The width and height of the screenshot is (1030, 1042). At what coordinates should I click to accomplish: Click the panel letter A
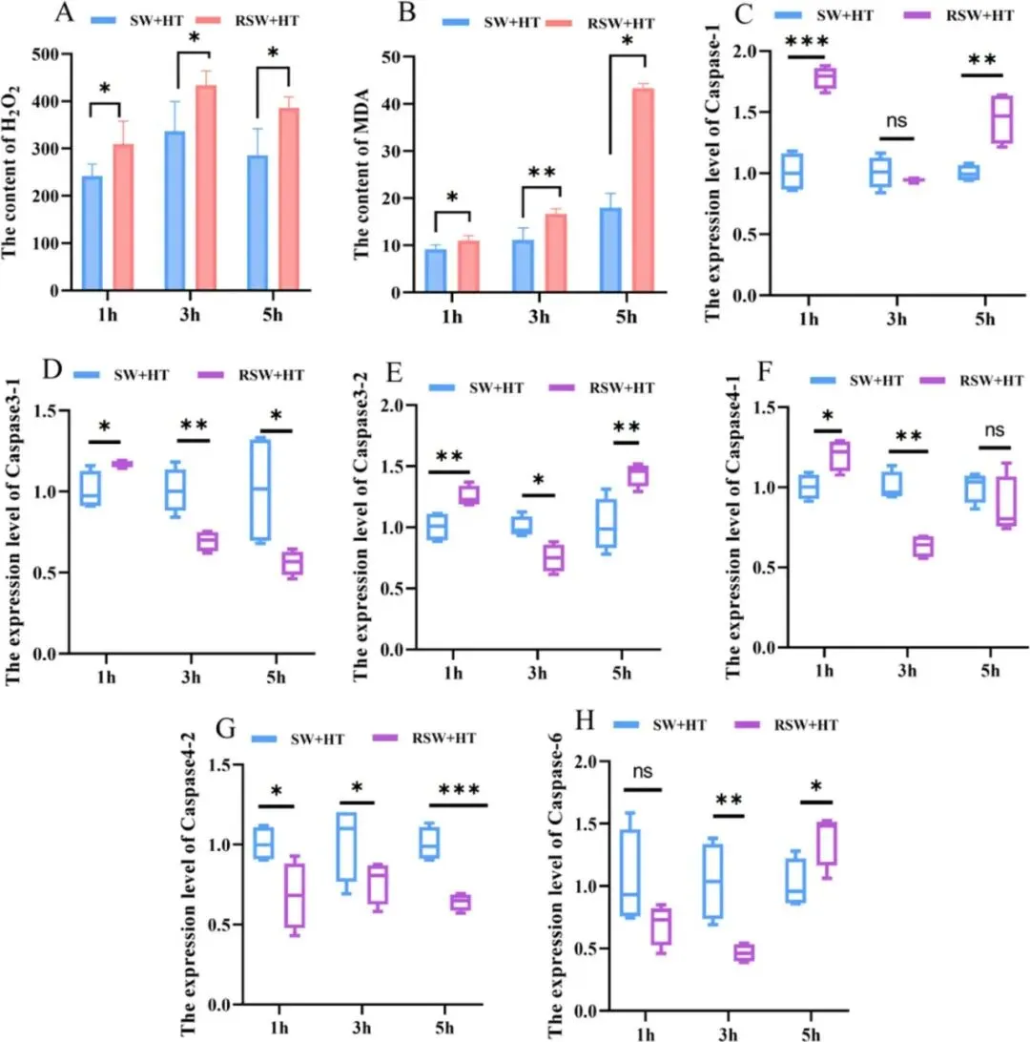(64, 13)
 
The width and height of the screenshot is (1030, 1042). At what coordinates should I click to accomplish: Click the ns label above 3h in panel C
(896, 121)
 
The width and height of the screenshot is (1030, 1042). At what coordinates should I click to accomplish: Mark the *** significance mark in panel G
(463, 789)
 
